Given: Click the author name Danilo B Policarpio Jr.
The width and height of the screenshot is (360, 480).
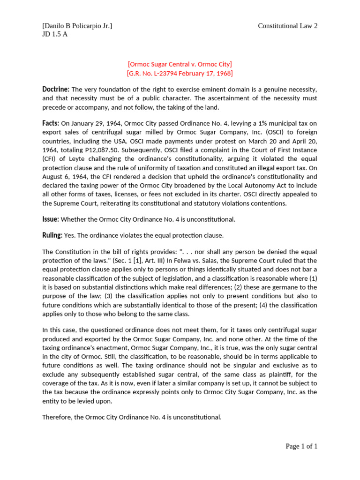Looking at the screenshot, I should (77, 26).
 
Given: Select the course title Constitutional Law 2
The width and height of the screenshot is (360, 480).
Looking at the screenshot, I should (287, 26).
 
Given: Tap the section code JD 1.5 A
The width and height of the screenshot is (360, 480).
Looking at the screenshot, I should (55, 34).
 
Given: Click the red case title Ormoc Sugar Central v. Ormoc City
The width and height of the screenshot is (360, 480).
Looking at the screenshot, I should (180, 64).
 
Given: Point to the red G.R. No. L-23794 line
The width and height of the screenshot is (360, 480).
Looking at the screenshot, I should (180, 73).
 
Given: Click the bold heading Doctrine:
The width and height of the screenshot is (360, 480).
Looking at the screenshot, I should (56, 89).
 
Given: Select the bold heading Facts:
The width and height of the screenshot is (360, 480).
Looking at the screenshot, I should (51, 123).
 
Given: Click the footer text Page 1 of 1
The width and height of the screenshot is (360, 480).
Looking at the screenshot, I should (301, 446).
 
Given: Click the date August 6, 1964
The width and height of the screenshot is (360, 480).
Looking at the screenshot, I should (65, 177).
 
